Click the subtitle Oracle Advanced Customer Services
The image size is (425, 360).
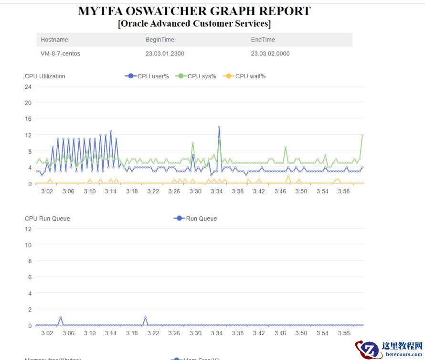tap(194, 23)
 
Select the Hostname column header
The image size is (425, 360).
tap(54, 40)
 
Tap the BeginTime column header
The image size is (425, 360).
tap(160, 40)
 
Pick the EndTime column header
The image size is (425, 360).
tap(263, 40)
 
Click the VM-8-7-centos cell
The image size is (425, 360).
tap(61, 53)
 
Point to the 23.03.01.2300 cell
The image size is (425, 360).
tap(165, 53)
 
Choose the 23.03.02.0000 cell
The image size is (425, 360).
tap(270, 53)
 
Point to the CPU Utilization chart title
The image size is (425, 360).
tap(45, 76)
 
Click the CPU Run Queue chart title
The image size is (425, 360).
tap(47, 219)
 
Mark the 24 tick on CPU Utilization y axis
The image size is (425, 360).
tap(28, 86)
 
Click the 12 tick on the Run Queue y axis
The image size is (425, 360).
tap(28, 229)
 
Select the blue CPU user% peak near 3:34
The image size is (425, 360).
tap(219, 127)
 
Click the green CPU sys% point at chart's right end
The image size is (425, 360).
tap(362, 135)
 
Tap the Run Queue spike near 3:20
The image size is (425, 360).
tap(145, 318)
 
